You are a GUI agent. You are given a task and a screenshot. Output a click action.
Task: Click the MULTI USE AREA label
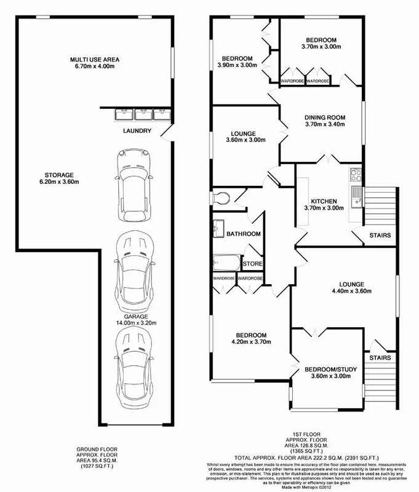click(94, 63)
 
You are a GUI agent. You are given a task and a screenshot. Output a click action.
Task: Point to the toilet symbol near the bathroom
click(221, 197)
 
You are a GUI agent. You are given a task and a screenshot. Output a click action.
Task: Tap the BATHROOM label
click(244, 234)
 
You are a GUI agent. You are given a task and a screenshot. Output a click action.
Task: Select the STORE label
click(252, 264)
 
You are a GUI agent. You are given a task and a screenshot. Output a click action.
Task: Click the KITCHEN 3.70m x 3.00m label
click(324, 205)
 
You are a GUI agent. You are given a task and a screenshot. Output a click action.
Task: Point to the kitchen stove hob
click(356, 175)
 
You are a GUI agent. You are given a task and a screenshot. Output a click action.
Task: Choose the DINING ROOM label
click(325, 121)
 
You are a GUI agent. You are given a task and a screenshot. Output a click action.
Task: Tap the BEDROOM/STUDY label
click(330, 373)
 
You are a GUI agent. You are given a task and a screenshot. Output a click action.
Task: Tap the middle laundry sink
click(143, 114)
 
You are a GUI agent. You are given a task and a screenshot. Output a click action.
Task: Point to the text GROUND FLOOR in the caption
click(95, 450)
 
